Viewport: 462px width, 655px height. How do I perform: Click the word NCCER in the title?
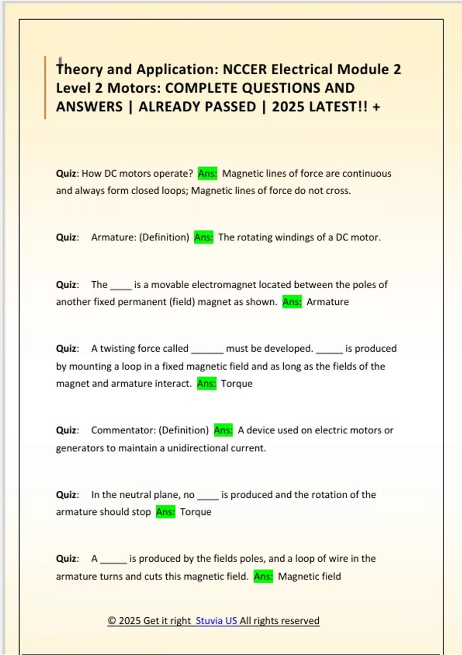[x=245, y=69]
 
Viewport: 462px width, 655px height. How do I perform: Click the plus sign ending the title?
[x=376, y=107]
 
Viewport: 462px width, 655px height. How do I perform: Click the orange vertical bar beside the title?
[x=45, y=87]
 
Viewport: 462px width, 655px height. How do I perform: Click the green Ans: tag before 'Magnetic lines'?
[x=208, y=173]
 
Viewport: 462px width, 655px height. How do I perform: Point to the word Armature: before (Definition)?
[x=114, y=237]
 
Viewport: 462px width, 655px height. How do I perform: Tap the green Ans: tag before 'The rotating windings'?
[x=204, y=237]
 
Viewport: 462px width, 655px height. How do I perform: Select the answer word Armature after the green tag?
[x=328, y=302]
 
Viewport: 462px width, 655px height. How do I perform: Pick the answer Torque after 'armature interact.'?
[x=237, y=384]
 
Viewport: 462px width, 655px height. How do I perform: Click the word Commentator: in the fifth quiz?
[x=123, y=430]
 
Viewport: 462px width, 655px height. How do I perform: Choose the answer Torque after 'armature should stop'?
[x=196, y=512]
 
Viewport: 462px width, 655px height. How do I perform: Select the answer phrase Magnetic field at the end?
[x=310, y=576]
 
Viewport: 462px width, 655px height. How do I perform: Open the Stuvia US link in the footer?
[x=216, y=621]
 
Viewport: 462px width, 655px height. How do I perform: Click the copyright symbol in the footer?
[x=112, y=621]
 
